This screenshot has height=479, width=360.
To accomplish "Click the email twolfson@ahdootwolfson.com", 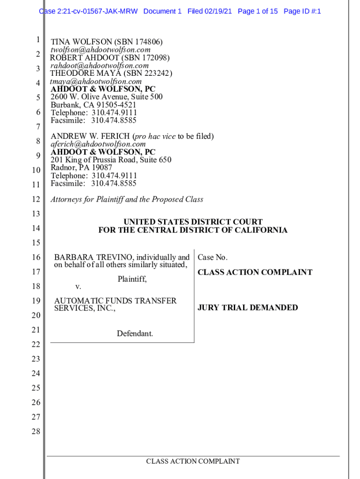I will [x=101, y=50].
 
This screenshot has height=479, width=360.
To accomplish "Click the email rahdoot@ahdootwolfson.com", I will [x=100, y=65].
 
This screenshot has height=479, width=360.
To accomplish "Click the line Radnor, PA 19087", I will [x=81, y=167].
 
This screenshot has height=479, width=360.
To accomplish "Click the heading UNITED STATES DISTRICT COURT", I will [x=193, y=222].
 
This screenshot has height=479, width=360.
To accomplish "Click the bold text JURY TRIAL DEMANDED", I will [x=248, y=307].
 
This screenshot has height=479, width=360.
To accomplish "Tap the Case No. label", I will [x=213, y=257].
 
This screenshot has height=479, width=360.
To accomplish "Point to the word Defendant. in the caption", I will [x=135, y=334].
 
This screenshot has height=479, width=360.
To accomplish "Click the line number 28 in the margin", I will [x=36, y=431].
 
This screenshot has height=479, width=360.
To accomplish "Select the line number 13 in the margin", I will [x=36, y=214].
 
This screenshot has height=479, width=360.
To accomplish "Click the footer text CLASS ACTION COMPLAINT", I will [x=193, y=461].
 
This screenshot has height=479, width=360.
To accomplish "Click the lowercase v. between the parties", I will [x=78, y=286].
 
